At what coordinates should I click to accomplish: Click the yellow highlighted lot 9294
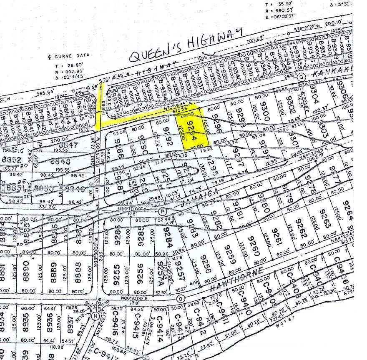[x=192, y=130]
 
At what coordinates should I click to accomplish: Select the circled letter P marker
[x=163, y=212]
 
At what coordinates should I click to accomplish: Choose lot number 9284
[x=166, y=237]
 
